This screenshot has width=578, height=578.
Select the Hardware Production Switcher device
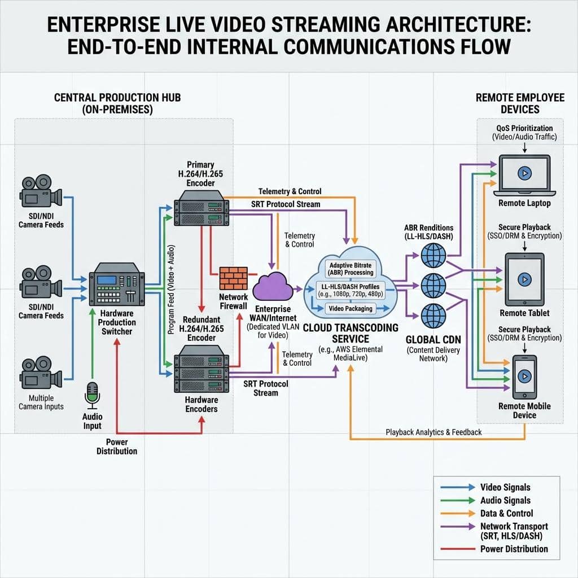[117, 286]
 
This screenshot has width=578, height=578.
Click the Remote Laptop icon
[524, 174]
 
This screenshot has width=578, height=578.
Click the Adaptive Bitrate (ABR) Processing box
[351, 269]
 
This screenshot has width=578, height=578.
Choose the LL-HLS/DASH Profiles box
[351, 290]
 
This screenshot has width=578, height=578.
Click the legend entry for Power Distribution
[514, 549]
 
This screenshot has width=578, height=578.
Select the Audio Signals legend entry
[505, 500]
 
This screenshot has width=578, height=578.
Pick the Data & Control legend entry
[506, 513]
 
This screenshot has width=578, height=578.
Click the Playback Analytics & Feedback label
[433, 432]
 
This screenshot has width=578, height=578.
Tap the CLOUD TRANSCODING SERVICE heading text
[351, 333]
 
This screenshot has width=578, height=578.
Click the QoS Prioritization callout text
[524, 128]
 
